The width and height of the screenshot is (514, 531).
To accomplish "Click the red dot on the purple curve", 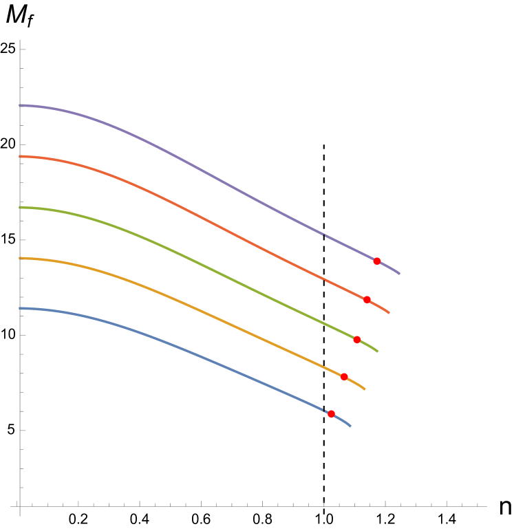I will click(x=377, y=261).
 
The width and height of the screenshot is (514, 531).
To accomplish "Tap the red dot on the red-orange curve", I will click(x=367, y=300).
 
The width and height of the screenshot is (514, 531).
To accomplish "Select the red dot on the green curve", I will click(x=356, y=340).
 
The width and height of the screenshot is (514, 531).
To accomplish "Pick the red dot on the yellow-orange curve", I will click(x=344, y=376).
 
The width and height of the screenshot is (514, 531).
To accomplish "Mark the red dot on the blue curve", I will click(x=331, y=414).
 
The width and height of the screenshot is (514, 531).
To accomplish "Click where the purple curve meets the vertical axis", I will click(x=21, y=105).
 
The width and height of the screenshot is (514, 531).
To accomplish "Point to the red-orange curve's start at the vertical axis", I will click(x=21, y=157).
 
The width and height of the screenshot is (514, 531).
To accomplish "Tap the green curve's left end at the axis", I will click(x=21, y=207).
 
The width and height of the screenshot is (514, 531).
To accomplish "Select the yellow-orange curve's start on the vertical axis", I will click(x=21, y=259).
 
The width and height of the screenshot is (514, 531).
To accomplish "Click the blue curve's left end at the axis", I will click(x=21, y=309).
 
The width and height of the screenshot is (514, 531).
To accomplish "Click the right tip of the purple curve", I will click(x=400, y=274).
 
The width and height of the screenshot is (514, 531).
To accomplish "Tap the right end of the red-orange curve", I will click(x=389, y=313).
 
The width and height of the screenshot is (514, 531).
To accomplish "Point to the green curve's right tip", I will click(x=378, y=351).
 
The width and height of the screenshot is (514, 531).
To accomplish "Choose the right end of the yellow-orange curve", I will click(x=365, y=389).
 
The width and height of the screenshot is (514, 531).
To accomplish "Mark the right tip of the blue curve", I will click(x=350, y=426).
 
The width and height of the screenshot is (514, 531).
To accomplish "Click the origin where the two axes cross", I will click(x=21, y=506).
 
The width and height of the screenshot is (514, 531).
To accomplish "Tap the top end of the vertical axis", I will click(x=21, y=41).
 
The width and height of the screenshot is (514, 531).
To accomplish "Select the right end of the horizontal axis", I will click(x=486, y=506).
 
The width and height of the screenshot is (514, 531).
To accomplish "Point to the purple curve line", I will click(x=206, y=171).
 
